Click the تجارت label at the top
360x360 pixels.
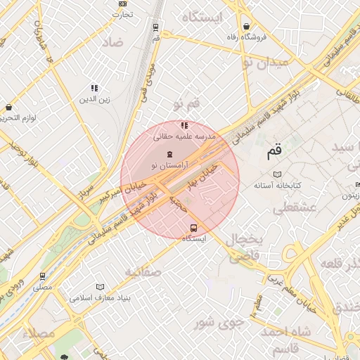[124, 14]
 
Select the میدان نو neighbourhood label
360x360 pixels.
[265, 63]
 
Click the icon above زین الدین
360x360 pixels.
[94, 88]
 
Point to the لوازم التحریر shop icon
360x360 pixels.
[8, 108]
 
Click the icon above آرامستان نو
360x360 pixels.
[169, 154]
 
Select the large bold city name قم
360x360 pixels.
[274, 150]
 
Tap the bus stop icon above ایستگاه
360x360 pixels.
[193, 227]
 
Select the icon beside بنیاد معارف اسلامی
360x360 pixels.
[101, 287]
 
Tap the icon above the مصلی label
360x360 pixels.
[44, 277]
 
